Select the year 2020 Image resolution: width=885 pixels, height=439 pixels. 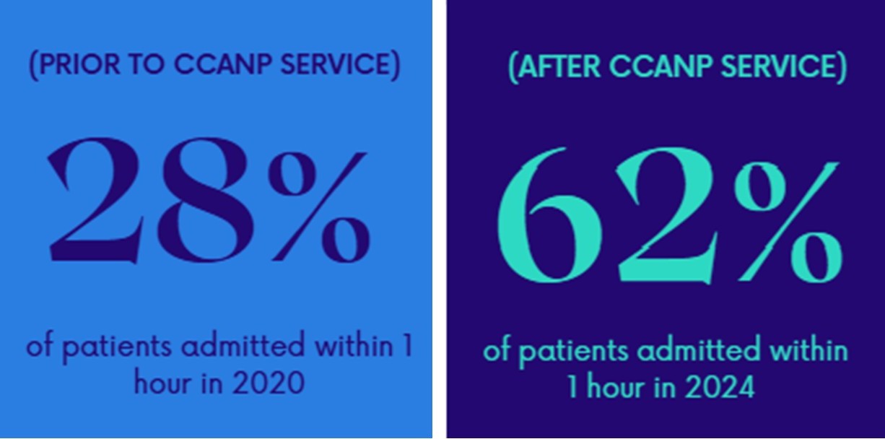[269, 383]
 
